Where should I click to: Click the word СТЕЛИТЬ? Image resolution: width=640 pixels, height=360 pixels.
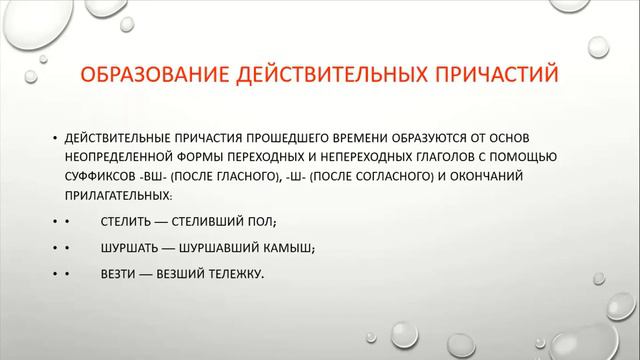(x=125, y=220)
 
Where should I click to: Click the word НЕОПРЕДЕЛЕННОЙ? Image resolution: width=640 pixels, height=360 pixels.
(x=123, y=158)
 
